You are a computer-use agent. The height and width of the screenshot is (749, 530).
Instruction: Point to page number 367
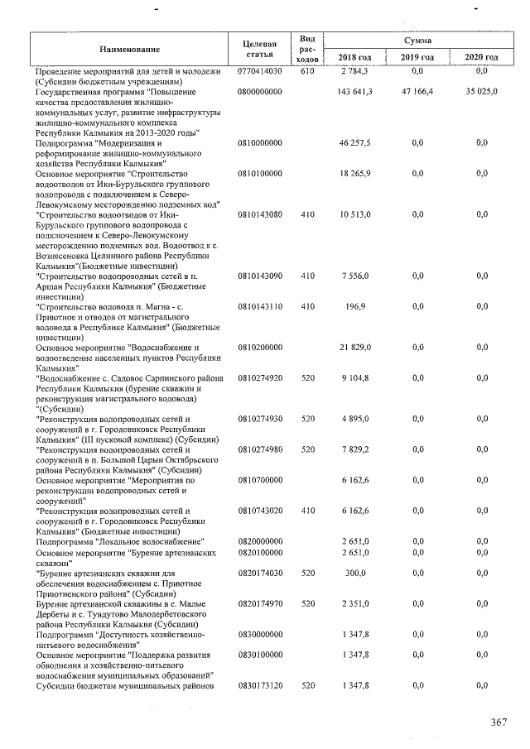point(498,723)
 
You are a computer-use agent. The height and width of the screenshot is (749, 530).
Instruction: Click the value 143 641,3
point(355,92)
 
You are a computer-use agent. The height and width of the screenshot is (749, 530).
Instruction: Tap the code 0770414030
point(259,72)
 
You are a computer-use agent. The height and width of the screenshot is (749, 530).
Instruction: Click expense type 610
point(307,72)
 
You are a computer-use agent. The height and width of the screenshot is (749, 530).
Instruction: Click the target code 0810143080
point(259,214)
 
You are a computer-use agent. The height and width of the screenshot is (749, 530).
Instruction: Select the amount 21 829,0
point(355,347)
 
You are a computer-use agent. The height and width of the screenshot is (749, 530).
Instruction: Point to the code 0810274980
point(259,449)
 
